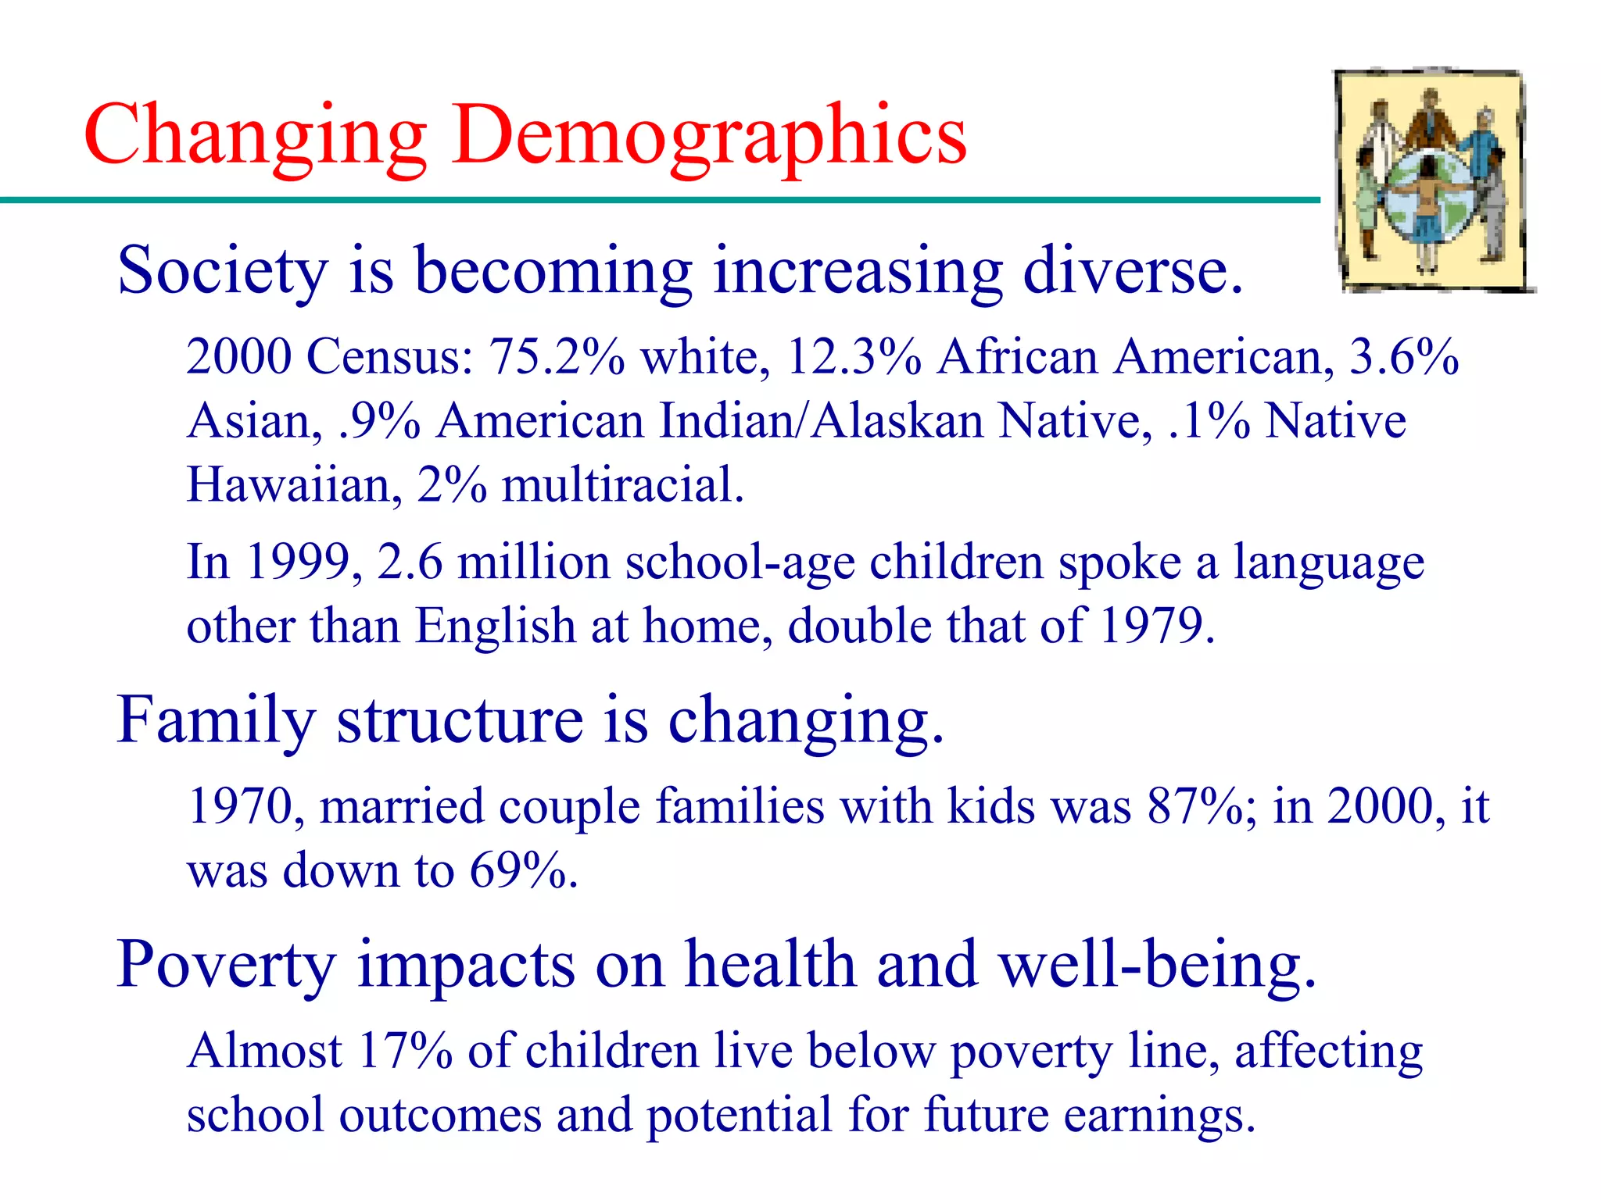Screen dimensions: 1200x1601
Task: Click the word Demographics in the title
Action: tap(708, 136)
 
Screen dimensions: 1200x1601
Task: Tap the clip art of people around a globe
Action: tap(1432, 181)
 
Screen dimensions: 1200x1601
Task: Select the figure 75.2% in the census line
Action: tap(557, 357)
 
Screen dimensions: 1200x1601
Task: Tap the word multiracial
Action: tap(622, 484)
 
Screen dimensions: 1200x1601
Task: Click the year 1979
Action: tap(1156, 626)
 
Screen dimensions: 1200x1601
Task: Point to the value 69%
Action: tap(522, 870)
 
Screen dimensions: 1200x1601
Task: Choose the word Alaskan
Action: tap(897, 421)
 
